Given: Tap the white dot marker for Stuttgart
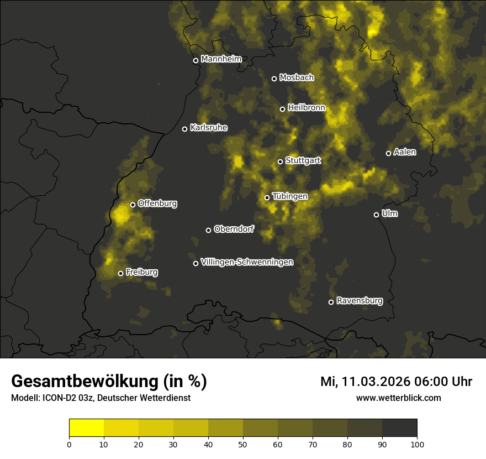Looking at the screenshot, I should [x=280, y=161].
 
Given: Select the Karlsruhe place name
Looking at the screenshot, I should [x=209, y=128].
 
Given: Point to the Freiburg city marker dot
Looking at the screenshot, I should [x=120, y=273].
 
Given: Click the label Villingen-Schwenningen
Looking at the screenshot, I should [x=247, y=262].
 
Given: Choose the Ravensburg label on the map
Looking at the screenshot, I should [x=360, y=301].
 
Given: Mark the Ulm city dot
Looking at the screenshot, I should [x=376, y=215].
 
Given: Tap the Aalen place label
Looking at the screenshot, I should [x=405, y=152].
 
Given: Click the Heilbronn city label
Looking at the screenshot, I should [x=307, y=108].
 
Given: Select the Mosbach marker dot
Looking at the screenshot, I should [x=274, y=79].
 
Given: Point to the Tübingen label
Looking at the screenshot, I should [x=290, y=196].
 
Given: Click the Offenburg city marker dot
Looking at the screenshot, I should [x=133, y=205].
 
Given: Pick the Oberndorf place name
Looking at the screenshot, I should [x=234, y=229].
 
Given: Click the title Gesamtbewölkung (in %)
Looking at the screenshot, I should [x=109, y=382].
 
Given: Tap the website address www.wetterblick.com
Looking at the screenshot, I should [x=399, y=398].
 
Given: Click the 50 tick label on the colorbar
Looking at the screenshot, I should [x=243, y=444].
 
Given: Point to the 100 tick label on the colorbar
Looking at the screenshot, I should [x=417, y=444].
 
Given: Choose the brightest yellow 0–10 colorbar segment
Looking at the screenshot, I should [x=87, y=427].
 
